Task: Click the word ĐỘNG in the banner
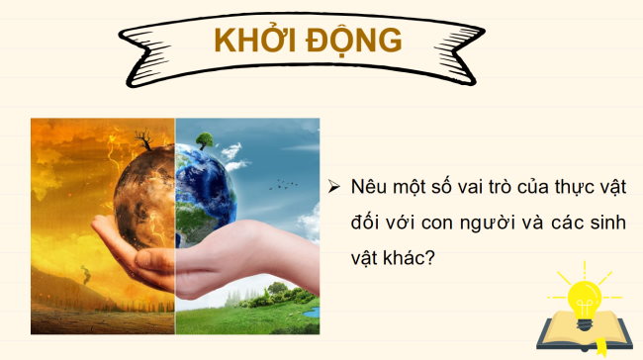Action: click(353, 41)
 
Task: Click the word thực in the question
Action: click(580, 186)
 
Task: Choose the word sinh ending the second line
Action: click(606, 223)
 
